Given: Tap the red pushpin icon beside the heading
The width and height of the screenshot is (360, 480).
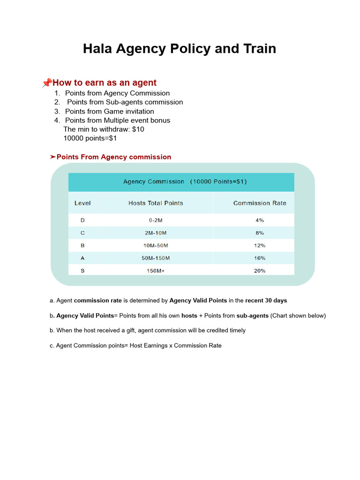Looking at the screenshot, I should [46, 83].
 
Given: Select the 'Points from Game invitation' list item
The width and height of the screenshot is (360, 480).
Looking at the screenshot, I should [109, 111].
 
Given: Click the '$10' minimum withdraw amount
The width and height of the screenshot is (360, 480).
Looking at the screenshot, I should [138, 129].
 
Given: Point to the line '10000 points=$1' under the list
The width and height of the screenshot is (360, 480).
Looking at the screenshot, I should [90, 138].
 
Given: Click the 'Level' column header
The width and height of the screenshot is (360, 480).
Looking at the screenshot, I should [82, 203].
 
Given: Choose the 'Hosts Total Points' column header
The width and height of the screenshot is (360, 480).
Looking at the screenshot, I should [156, 203].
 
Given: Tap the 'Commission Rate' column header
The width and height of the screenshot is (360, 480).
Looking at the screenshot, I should [260, 203].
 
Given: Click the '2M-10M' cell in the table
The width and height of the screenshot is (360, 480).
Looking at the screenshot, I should [156, 233].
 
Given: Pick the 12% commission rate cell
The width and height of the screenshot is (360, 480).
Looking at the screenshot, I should [260, 246].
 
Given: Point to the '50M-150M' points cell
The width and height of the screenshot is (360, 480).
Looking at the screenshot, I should [156, 258].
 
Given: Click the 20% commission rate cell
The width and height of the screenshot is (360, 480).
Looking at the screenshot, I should [260, 271].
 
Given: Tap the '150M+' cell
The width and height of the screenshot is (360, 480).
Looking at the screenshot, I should [156, 271].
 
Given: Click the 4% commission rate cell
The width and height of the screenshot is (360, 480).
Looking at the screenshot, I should [260, 220].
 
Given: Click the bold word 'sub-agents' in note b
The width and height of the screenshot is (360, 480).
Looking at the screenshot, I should [252, 315].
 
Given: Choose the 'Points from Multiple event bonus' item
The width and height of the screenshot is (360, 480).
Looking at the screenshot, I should [117, 120].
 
